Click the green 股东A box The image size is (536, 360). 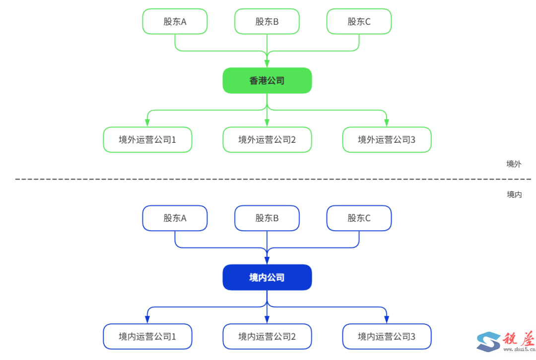(175, 21)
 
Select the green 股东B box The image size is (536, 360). (267, 21)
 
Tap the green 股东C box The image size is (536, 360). (359, 21)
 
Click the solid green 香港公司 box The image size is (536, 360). (267, 80)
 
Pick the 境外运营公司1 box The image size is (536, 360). (147, 139)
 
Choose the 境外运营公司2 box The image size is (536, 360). (267, 139)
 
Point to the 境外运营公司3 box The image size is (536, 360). (387, 139)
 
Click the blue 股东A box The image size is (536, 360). (175, 218)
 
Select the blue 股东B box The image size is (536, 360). (267, 218)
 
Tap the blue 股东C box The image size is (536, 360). (359, 218)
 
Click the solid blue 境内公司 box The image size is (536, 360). (267, 277)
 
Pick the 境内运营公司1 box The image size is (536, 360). (147, 336)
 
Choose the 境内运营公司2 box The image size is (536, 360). (267, 336)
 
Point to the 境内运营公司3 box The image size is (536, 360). (387, 336)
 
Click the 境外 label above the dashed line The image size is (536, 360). (514, 164)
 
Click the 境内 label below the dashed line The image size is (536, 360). (514, 194)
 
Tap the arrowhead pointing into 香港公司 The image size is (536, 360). (267, 63)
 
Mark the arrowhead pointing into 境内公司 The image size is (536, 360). (267, 260)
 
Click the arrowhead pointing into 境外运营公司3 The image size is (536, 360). (387, 122)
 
